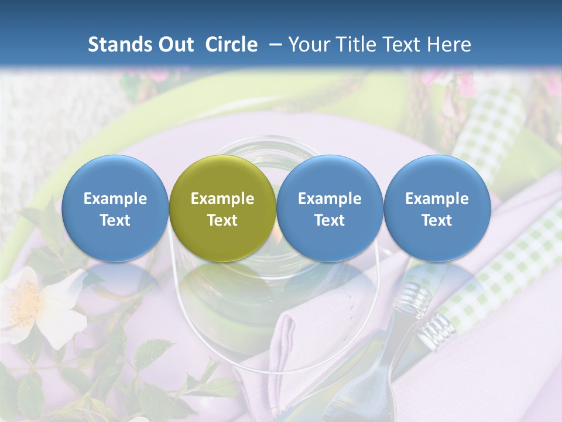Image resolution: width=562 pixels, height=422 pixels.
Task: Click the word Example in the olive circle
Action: coord(222,199)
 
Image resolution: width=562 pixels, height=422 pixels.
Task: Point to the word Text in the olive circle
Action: coord(222,220)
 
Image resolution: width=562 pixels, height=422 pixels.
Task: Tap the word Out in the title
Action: coord(175,45)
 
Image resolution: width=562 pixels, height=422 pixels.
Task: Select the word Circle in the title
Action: coord(231,45)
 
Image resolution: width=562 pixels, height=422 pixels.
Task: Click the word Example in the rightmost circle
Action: coord(437,199)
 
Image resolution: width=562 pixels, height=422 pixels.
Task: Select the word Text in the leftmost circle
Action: coord(115,220)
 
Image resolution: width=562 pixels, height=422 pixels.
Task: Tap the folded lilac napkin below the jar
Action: coord(293,340)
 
